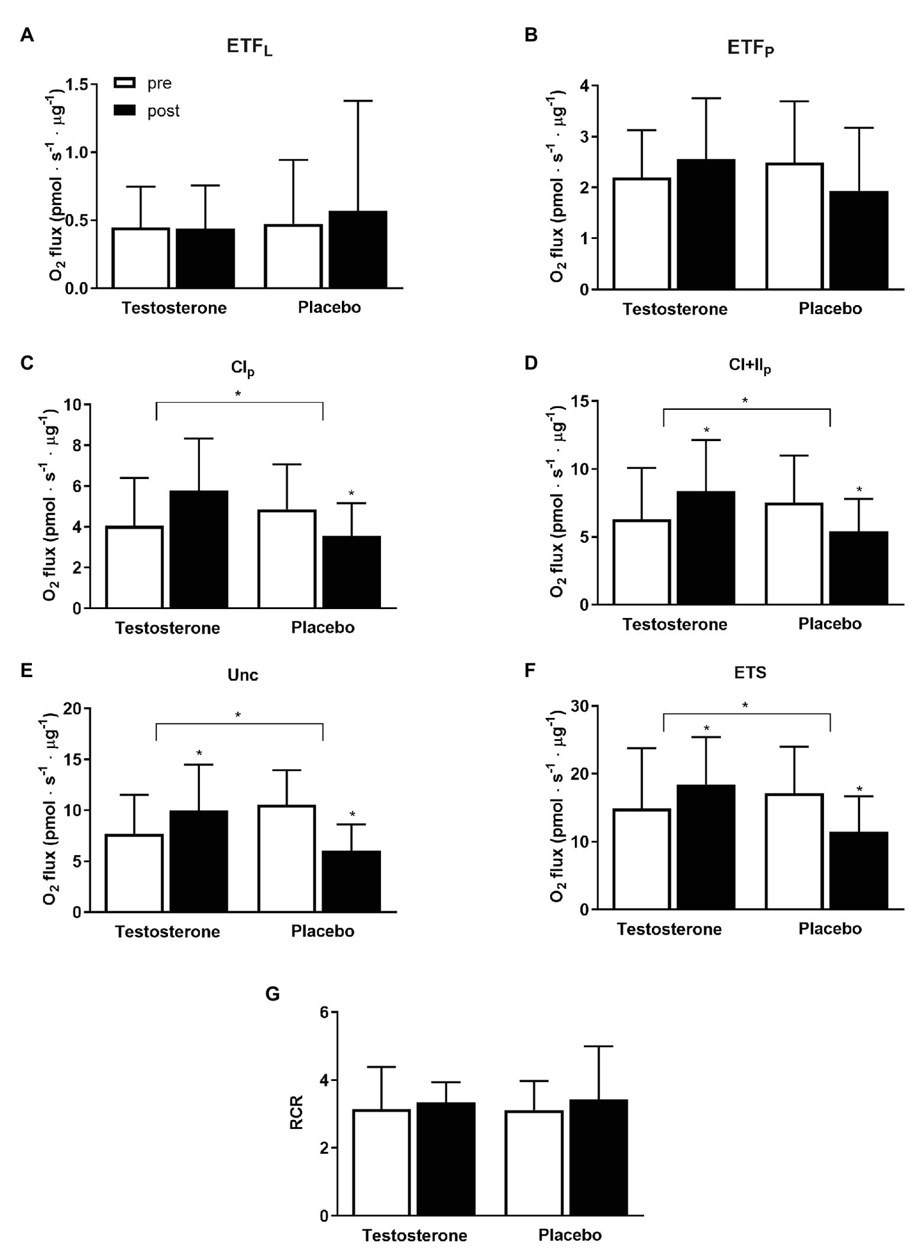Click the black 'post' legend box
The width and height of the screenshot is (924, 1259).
coord(125,111)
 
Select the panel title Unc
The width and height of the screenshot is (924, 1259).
coord(243,675)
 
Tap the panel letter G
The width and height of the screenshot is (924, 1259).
coord(273,994)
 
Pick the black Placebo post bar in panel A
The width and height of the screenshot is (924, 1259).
coord(358,250)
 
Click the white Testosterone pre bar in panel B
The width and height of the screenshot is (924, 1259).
coord(642,234)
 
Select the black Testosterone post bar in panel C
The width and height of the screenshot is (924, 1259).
coord(199,549)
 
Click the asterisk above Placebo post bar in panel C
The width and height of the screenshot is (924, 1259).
coord(352,494)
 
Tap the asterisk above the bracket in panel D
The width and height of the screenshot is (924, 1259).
coord(745,401)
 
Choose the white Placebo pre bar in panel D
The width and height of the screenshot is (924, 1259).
coord(795,554)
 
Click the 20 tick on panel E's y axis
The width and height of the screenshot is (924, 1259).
coord(72,708)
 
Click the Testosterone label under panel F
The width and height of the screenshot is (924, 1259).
coord(669,929)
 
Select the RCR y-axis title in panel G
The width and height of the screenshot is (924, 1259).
coord(297,1112)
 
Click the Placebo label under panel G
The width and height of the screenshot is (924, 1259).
coord(569,1236)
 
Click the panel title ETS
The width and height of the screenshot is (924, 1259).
coord(750,672)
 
